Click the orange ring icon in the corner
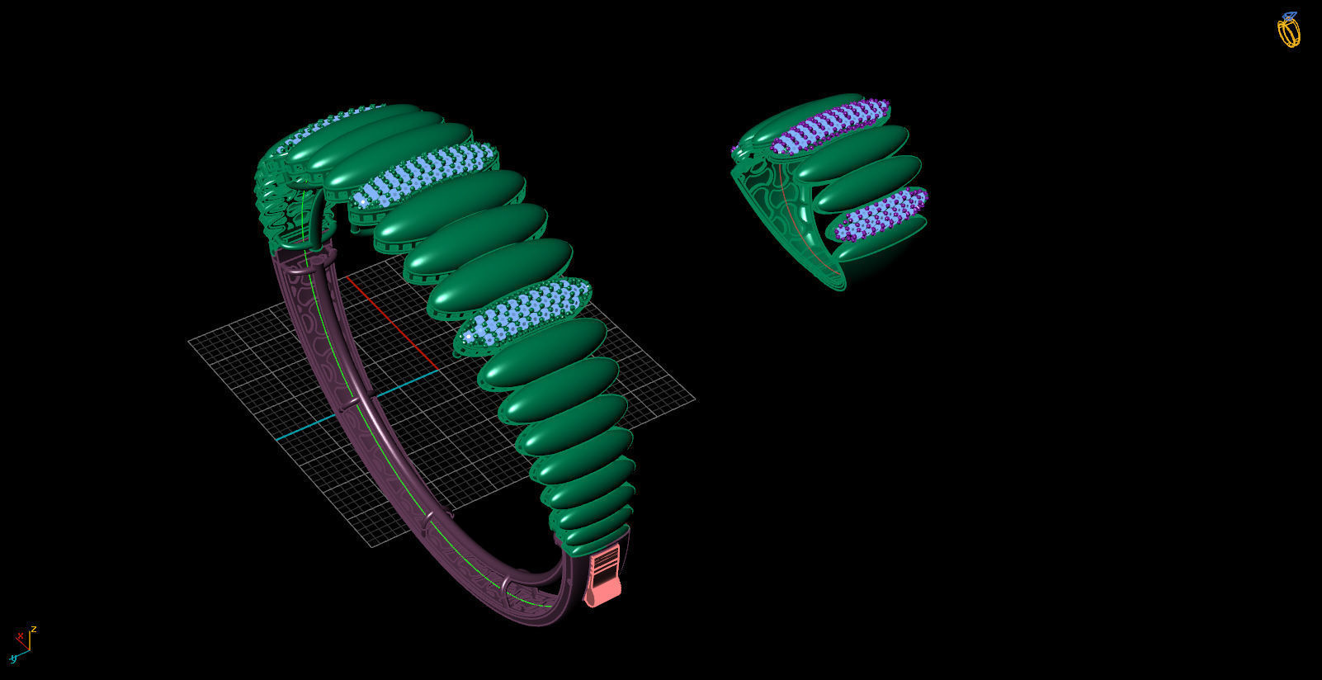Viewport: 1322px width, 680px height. tap(1288, 31)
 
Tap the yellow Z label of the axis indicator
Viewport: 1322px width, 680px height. tap(33, 630)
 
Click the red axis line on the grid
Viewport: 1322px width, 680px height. tap(392, 322)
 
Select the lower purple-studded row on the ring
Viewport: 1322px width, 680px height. tap(881, 213)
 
